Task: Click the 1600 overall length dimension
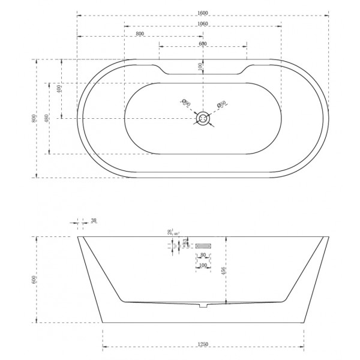pyautogui.click(x=203, y=12)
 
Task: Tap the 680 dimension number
pyautogui.click(x=203, y=44)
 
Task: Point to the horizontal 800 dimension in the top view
pyautogui.click(x=140, y=34)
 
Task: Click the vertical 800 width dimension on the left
pyautogui.click(x=34, y=118)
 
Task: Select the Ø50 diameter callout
pyautogui.click(x=221, y=105)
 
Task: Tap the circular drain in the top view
pyautogui.click(x=203, y=118)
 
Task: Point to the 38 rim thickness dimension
pyautogui.click(x=94, y=221)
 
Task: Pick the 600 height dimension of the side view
pyautogui.click(x=34, y=279)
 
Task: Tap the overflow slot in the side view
pyautogui.click(x=203, y=245)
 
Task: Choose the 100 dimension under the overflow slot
pyautogui.click(x=203, y=265)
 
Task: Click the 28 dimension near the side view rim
pyautogui.click(x=170, y=232)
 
